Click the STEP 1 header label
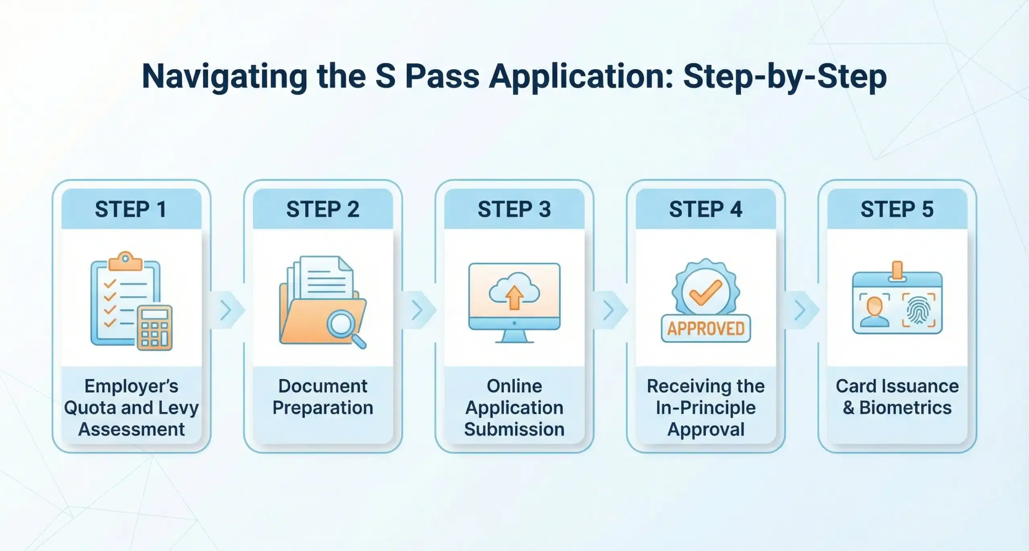click(x=131, y=209)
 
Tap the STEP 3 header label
click(x=514, y=209)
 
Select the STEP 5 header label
click(x=897, y=209)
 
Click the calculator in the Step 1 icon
click(x=155, y=328)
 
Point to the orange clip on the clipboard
click(x=125, y=262)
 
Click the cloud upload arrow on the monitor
click(x=514, y=298)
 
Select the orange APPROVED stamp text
click(x=706, y=329)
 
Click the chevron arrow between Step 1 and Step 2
click(x=227, y=310)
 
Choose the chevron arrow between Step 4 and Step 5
click(x=801, y=310)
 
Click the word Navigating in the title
click(x=225, y=76)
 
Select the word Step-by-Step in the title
click(x=785, y=76)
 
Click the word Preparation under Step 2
click(x=323, y=408)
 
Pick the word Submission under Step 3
click(x=514, y=429)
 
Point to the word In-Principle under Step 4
click(x=706, y=408)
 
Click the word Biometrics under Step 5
click(x=905, y=408)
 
